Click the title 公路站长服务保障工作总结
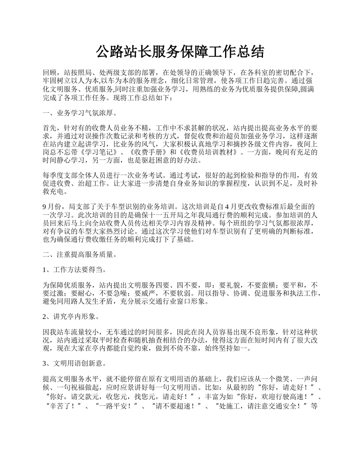[x=180, y=52]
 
